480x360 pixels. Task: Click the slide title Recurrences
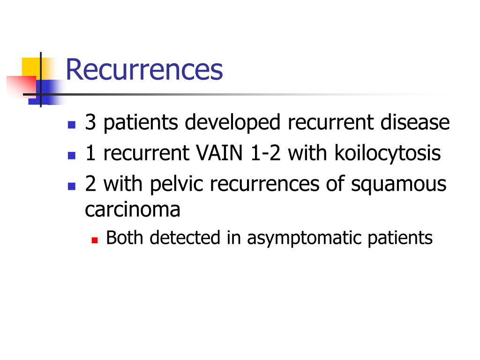pyautogui.click(x=144, y=69)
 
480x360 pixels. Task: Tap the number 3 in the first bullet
pyautogui.click(x=90, y=123)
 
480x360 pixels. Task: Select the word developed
pyautogui.click(x=235, y=123)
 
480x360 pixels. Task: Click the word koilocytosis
pyautogui.click(x=388, y=153)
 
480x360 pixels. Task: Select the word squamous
pyautogui.click(x=399, y=185)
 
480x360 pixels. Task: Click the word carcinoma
pyautogui.click(x=132, y=209)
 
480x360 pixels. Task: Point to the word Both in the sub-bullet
pyautogui.click(x=125, y=238)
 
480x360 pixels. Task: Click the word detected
pyautogui.click(x=186, y=238)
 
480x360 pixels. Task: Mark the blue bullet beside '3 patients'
pyautogui.click(x=71, y=125)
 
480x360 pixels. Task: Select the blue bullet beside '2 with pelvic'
pyautogui.click(x=71, y=186)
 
